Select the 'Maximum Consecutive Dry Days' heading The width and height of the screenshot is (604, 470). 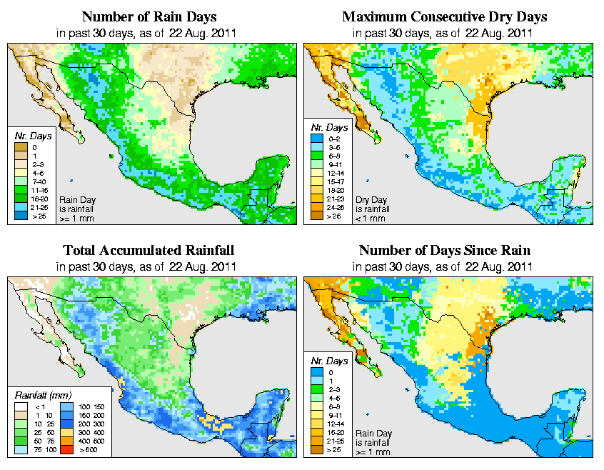pos(445,16)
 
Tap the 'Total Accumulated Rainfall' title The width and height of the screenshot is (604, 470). pos(149,251)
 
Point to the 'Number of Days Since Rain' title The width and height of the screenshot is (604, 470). pos(445,251)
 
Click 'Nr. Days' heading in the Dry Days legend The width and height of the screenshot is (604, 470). pos(328,134)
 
